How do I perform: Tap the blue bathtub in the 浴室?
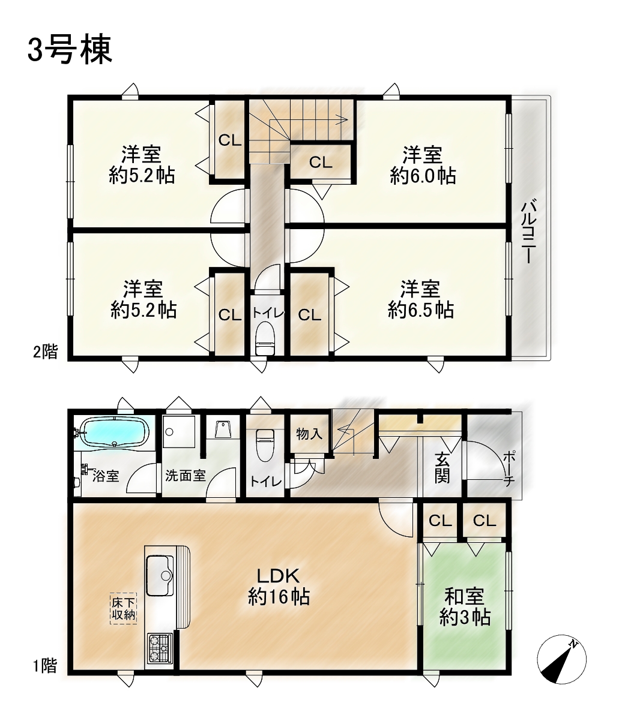point(117,433)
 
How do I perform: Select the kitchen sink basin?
point(160,576)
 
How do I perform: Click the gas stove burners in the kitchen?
point(160,648)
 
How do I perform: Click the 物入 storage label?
point(309,434)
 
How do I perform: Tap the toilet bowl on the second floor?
point(266,339)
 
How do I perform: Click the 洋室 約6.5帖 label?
point(420,299)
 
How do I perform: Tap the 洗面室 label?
point(186,476)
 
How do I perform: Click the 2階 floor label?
point(46,352)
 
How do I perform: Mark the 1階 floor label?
point(45,665)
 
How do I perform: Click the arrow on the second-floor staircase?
point(306,119)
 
